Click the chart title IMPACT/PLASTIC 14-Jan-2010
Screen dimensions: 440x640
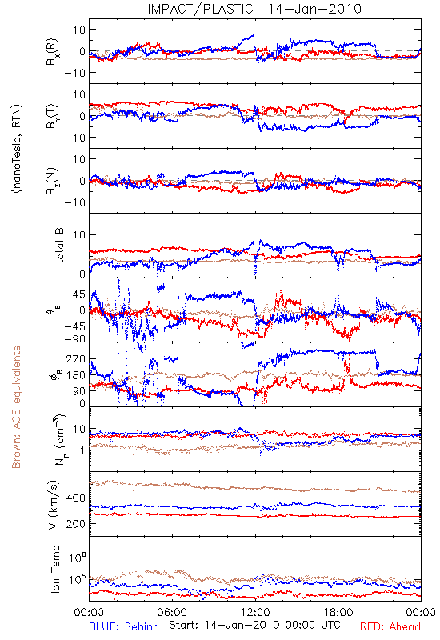click(254, 9)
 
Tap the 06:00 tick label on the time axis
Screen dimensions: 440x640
click(172, 612)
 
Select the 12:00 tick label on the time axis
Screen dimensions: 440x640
click(255, 612)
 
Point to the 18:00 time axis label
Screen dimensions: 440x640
click(338, 612)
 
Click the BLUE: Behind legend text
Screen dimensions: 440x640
click(124, 626)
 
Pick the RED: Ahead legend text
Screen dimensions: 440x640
click(390, 626)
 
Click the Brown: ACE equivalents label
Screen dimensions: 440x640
click(16, 407)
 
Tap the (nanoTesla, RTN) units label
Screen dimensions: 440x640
click(17, 149)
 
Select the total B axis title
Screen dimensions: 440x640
click(59, 246)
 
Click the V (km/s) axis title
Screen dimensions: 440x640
click(54, 505)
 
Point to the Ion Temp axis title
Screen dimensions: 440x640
click(55, 569)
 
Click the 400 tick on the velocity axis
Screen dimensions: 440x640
click(76, 498)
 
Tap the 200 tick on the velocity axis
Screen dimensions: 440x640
click(76, 524)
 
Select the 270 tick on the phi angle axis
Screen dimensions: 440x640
click(76, 359)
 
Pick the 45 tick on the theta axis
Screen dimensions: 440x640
click(79, 294)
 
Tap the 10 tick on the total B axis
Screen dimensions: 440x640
click(79, 235)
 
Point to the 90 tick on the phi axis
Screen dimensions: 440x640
click(79, 390)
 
